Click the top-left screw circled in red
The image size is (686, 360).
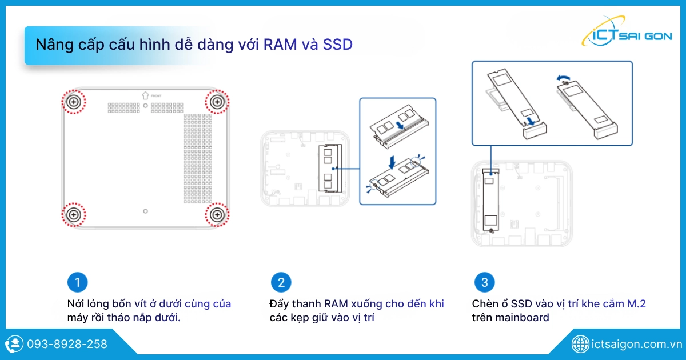[74, 102]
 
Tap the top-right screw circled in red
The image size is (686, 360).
[217, 102]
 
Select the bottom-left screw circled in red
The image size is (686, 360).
[74, 215]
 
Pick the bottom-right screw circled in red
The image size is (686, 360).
[217, 215]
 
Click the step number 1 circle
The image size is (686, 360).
[78, 282]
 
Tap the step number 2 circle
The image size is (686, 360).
[281, 282]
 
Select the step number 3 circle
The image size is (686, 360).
[485, 282]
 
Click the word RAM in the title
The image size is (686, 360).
[280, 45]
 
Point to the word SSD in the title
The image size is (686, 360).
[338, 45]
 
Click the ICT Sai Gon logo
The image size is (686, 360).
[627, 33]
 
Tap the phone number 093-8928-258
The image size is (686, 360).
[67, 344]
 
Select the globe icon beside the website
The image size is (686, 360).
[580, 344]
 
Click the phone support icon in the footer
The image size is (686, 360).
[14, 344]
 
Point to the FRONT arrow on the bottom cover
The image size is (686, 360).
[145, 95]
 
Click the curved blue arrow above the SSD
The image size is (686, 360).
[564, 79]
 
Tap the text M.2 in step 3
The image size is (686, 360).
[636, 303]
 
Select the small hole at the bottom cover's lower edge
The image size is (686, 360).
[145, 211]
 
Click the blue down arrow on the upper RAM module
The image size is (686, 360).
[400, 125]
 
